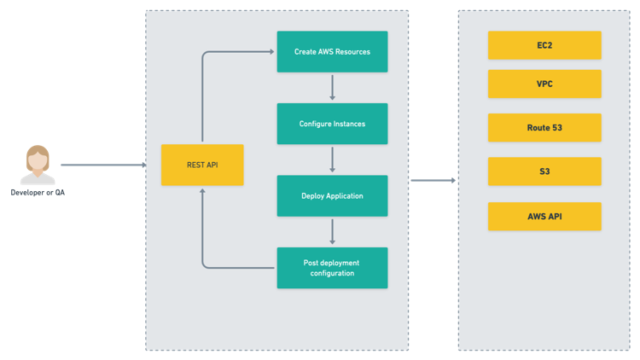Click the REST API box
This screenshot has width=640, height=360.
click(x=202, y=165)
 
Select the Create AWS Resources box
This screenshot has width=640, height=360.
click(x=332, y=52)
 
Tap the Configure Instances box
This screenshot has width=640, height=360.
click(x=332, y=124)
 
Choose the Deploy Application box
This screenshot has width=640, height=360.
click(x=332, y=195)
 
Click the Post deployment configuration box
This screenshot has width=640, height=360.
click(x=332, y=267)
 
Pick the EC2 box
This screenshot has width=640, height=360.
click(x=544, y=45)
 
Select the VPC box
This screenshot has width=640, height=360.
click(x=544, y=84)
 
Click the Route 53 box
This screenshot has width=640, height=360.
click(x=544, y=127)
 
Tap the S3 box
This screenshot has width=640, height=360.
click(x=544, y=171)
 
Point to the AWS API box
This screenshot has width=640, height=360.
click(x=544, y=217)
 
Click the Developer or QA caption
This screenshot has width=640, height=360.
click(x=38, y=194)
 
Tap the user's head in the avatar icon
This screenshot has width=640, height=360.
click(x=38, y=160)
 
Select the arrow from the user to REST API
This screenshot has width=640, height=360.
click(x=102, y=165)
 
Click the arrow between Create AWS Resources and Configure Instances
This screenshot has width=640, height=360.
click(x=332, y=87)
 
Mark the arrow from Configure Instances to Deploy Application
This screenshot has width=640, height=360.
click(x=332, y=160)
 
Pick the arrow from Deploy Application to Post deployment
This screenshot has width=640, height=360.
click(x=332, y=231)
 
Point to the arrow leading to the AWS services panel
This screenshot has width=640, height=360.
click(x=433, y=180)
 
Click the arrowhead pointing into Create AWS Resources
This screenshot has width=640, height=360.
click(x=271, y=52)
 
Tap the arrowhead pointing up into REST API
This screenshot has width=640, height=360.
click(x=202, y=192)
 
